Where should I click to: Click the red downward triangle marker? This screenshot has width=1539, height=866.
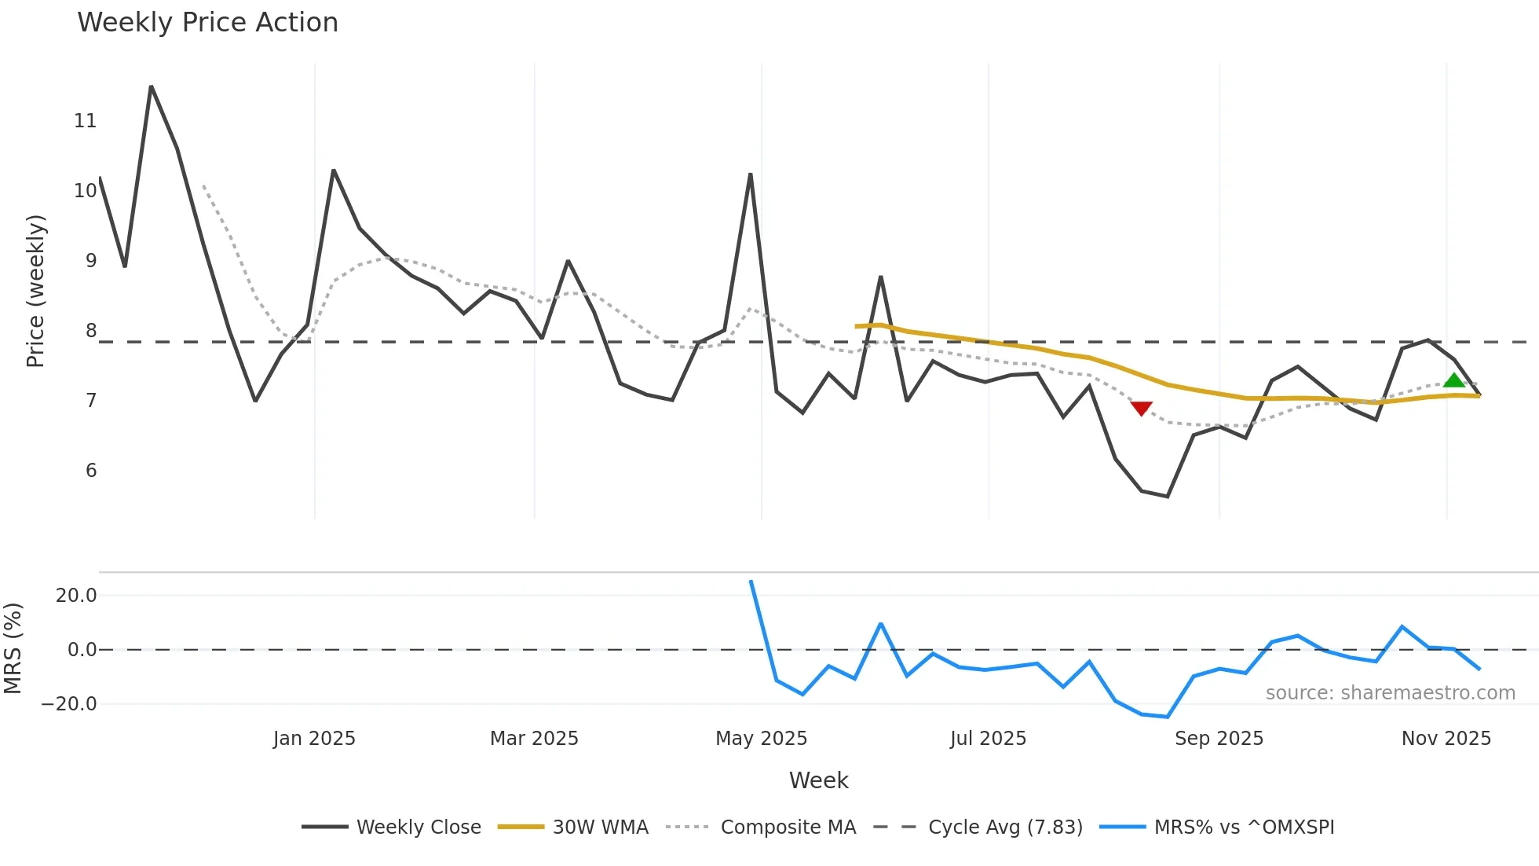(x=1141, y=409)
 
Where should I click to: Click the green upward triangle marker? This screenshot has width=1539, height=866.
(x=1453, y=381)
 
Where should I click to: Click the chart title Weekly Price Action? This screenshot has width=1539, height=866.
(x=207, y=23)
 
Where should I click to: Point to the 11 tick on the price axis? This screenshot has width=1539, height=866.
(x=85, y=121)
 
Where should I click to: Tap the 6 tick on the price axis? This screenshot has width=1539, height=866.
(x=91, y=471)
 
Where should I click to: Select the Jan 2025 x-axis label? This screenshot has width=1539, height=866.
(x=314, y=739)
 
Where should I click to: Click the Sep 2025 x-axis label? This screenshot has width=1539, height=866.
(x=1219, y=739)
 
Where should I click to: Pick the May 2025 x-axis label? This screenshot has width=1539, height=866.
(x=761, y=739)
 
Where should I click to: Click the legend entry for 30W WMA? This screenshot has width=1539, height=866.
(x=600, y=827)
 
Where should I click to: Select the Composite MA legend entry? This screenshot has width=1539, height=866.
(x=788, y=827)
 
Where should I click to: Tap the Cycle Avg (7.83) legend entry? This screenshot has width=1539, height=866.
(x=1005, y=827)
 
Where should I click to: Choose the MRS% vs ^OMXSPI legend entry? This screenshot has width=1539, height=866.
(x=1244, y=827)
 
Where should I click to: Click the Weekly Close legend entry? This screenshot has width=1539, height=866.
(x=418, y=827)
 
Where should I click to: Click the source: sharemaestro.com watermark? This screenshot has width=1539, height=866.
(x=1390, y=693)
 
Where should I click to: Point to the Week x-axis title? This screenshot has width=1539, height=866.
(x=818, y=780)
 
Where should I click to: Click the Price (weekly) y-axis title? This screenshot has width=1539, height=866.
(x=35, y=291)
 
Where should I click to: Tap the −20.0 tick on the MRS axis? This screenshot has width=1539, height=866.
(x=69, y=704)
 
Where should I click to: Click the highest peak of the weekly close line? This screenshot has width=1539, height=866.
(x=151, y=86)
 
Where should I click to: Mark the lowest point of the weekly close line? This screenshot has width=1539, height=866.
(x=1168, y=497)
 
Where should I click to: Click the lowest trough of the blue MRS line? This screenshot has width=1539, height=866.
(x=1168, y=717)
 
